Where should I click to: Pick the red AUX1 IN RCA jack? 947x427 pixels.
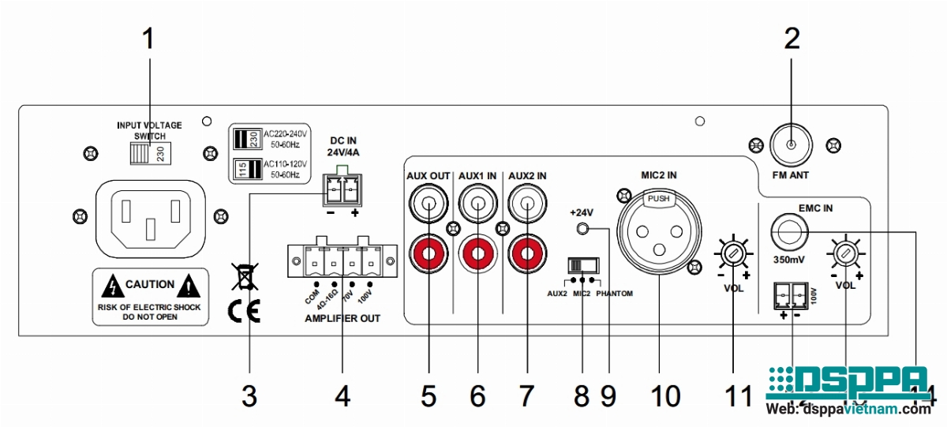pos(477,253)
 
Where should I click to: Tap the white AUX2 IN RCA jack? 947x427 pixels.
pos(525,208)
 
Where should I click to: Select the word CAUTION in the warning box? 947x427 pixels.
pos(150,285)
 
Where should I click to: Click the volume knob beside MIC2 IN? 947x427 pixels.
pos(733,253)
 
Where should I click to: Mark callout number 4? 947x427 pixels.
pos(342,395)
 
